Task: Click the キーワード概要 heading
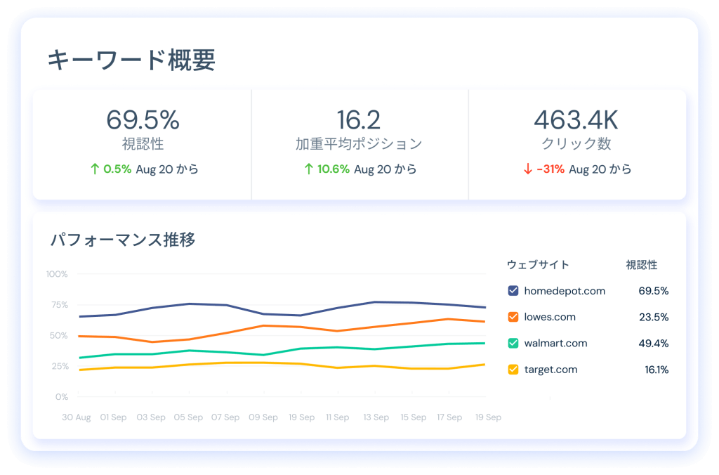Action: (x=131, y=60)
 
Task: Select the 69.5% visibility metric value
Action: (x=143, y=120)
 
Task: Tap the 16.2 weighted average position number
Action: (x=359, y=120)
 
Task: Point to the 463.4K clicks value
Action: (x=576, y=120)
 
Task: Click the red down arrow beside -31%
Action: (x=527, y=169)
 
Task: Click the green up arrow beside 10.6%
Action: (x=308, y=169)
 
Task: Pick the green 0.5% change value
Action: (x=117, y=169)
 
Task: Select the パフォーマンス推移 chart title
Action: (x=123, y=240)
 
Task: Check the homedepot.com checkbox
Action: (x=513, y=291)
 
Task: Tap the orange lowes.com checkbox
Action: (x=513, y=317)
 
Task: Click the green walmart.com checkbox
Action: (x=513, y=344)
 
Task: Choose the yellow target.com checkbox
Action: (x=513, y=370)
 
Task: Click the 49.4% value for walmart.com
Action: (x=653, y=344)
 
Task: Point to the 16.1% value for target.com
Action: (x=656, y=370)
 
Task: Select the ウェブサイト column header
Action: (x=538, y=265)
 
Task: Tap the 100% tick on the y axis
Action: (x=57, y=274)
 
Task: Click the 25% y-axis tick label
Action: (x=58, y=366)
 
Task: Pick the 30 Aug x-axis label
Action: (x=77, y=417)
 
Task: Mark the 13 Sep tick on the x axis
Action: (x=376, y=417)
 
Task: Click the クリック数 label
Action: (x=576, y=144)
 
